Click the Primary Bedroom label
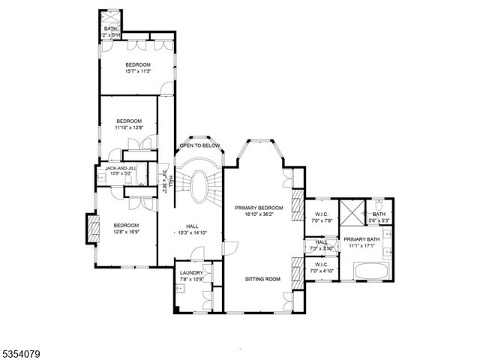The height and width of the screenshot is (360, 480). [259, 207]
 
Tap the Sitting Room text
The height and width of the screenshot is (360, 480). [262, 278]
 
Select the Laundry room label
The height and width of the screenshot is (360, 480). [191, 273]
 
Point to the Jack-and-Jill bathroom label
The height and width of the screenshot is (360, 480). [120, 168]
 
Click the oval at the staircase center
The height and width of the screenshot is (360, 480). [199, 185]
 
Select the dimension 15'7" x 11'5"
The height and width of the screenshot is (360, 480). [138, 71]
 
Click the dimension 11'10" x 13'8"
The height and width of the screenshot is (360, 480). [128, 127]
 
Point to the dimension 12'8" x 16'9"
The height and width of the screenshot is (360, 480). [127, 232]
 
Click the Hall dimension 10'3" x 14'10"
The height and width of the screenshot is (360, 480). [191, 232]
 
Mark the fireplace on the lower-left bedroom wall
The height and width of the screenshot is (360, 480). [94, 228]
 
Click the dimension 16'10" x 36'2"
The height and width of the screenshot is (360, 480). [259, 214]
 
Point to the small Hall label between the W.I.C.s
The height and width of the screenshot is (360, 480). [321, 241]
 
